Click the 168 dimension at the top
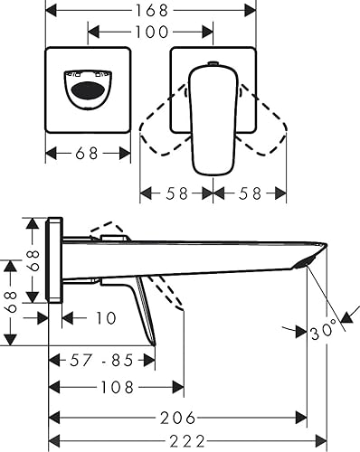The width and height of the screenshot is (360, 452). [152, 11]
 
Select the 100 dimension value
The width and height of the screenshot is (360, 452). [151, 32]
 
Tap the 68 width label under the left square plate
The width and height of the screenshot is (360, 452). [87, 153]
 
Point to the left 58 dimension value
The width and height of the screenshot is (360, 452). [177, 193]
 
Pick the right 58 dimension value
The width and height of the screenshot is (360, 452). [250, 193]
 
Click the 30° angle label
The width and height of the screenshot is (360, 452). [323, 332]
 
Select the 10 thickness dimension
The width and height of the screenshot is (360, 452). [106, 318]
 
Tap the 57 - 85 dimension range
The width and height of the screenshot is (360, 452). [101, 360]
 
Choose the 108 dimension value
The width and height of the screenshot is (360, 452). [117, 387]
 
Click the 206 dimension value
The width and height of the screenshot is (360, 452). [177, 418]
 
